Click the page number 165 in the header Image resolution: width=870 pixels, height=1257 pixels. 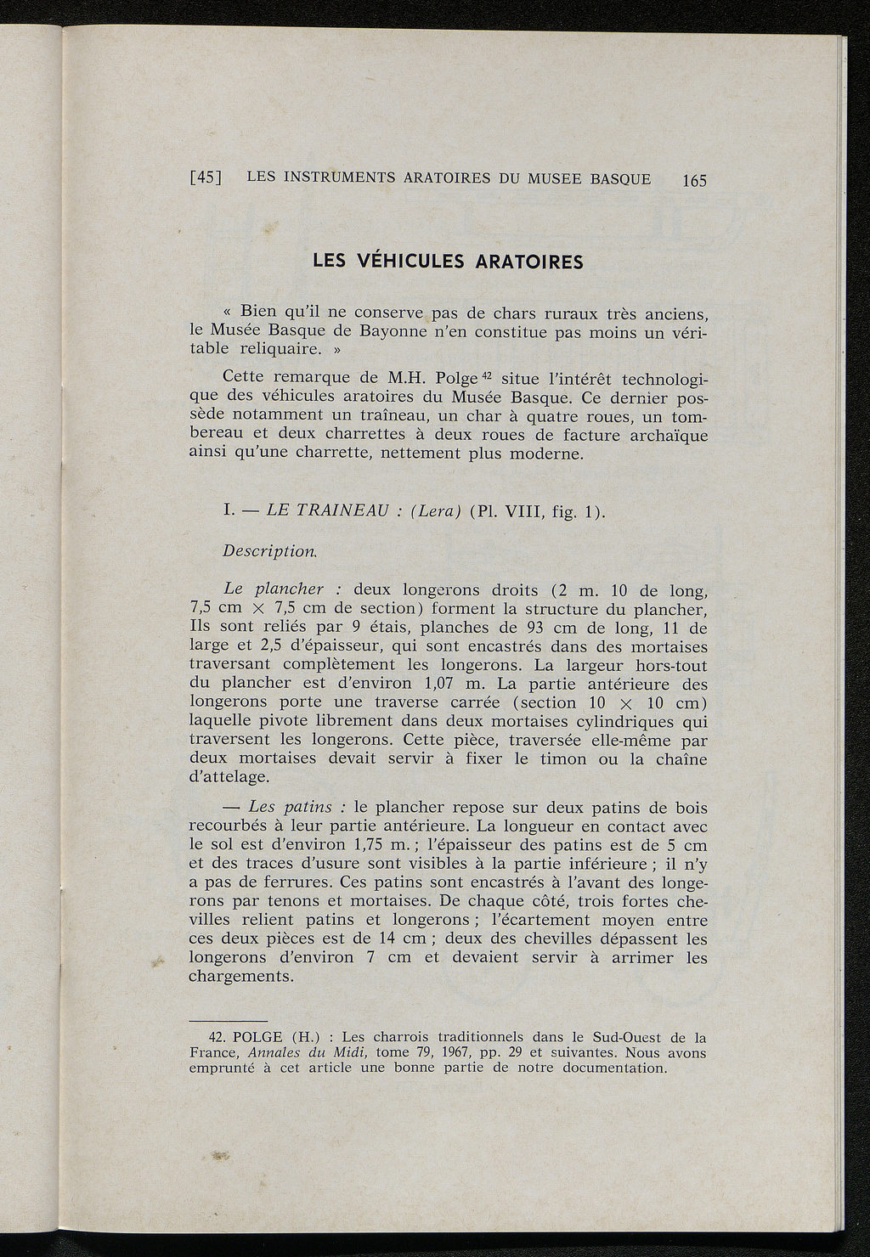693,181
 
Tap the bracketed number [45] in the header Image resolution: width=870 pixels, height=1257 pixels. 206,178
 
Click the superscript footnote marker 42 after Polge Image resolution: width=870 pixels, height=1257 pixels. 489,374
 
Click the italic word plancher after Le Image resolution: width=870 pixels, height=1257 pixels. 290,589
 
